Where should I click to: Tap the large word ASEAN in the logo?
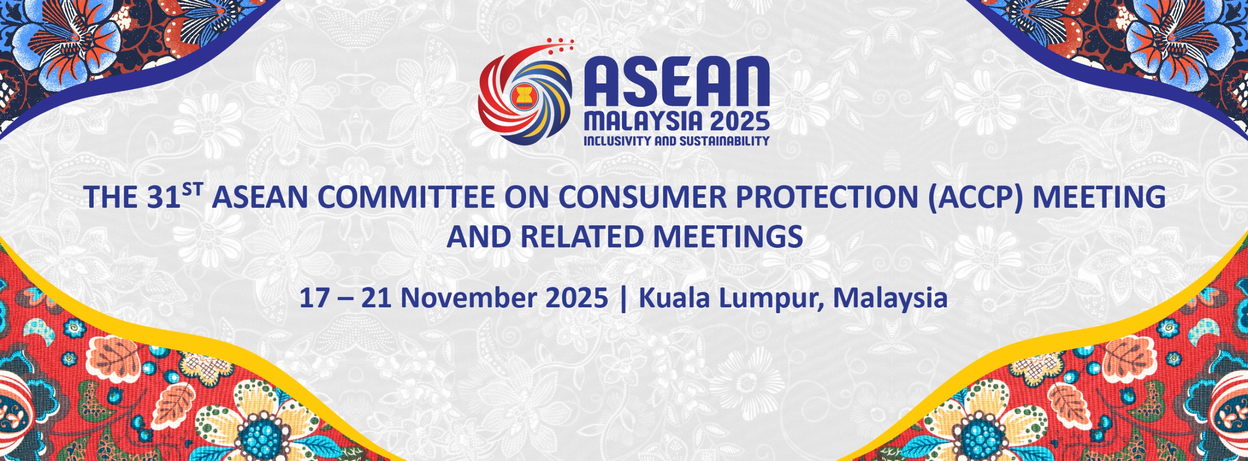(677, 82)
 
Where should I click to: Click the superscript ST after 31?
(192, 189)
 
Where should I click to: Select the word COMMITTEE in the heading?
(406, 197)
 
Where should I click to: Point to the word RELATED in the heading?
(582, 237)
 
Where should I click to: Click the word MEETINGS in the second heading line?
(728, 237)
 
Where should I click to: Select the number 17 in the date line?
(314, 298)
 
